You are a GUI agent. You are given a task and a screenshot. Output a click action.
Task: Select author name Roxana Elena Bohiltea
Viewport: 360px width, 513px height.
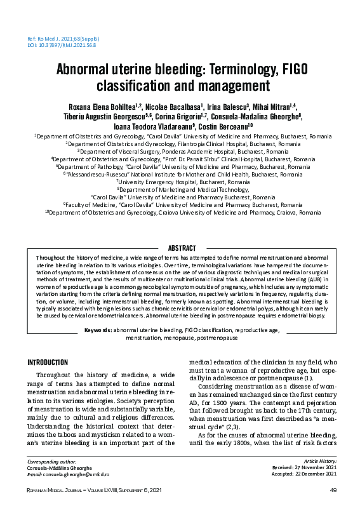(102, 107)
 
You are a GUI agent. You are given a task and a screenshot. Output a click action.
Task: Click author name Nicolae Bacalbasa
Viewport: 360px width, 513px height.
(174, 107)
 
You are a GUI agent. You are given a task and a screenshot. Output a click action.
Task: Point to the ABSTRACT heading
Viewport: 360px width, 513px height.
(180, 247)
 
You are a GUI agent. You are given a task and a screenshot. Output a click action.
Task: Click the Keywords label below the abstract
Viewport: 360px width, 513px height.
(98, 330)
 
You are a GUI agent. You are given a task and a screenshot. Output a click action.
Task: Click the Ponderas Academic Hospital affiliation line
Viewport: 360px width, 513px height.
(180, 152)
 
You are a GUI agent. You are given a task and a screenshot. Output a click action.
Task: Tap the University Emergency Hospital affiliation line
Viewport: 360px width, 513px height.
(180, 181)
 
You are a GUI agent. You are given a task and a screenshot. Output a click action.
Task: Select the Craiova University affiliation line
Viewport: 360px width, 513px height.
(180, 213)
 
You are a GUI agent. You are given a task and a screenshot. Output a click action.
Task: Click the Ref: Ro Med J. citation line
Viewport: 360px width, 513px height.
(63, 39)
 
